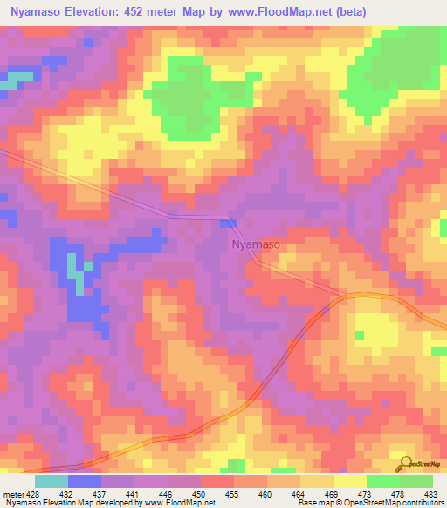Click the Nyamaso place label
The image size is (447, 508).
[x=256, y=245]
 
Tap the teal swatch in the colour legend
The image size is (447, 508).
[x=51, y=481]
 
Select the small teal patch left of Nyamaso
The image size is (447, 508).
[x=77, y=279]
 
